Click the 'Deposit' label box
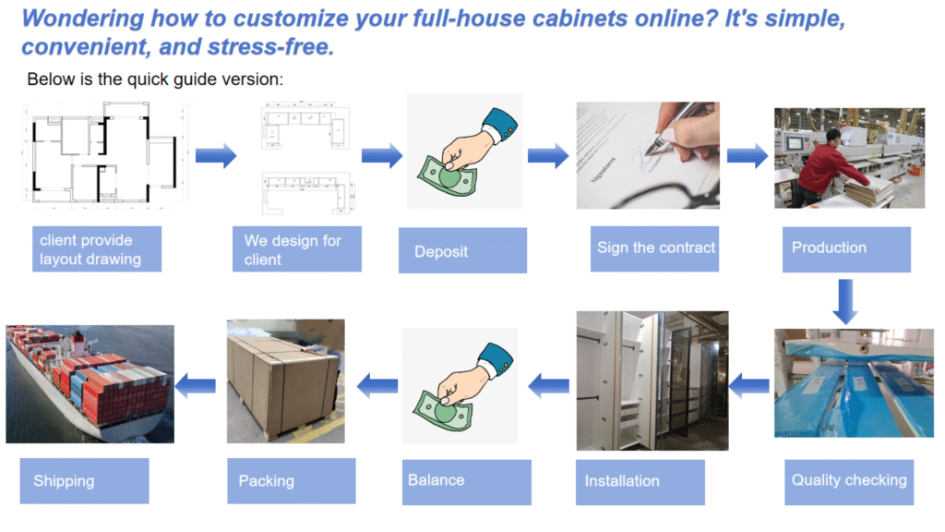462,250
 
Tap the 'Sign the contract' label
655,248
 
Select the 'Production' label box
845,248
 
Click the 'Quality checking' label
849,481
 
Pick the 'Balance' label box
466,481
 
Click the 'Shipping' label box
84,481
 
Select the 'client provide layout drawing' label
96,249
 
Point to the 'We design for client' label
296,249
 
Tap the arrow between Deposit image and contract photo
548,156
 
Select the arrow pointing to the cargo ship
196,381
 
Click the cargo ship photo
90,383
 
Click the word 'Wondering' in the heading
81,18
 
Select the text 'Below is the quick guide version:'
155,79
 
